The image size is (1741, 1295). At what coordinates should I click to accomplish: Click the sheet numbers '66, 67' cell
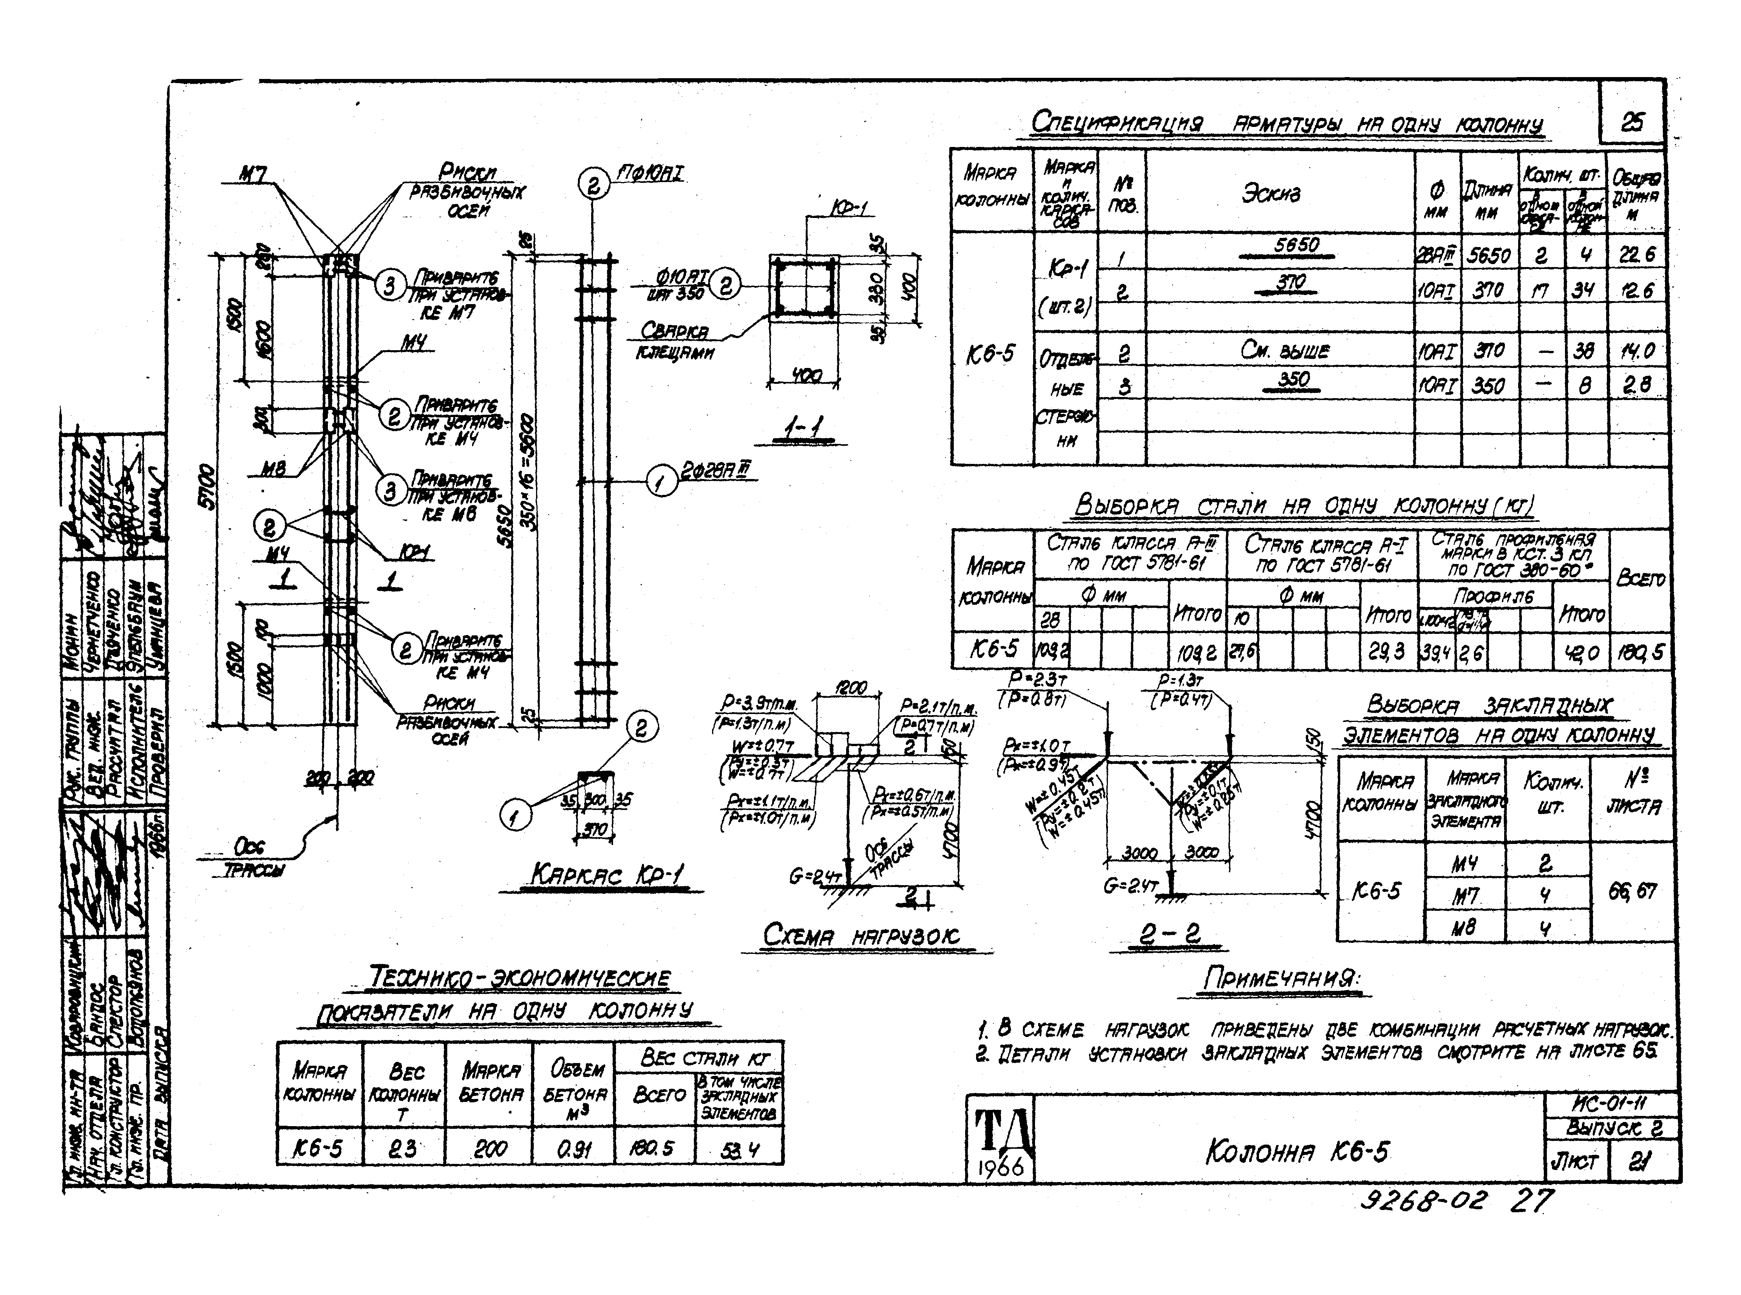click(1632, 891)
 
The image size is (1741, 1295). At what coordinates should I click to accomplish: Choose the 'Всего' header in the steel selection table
click(1640, 578)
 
